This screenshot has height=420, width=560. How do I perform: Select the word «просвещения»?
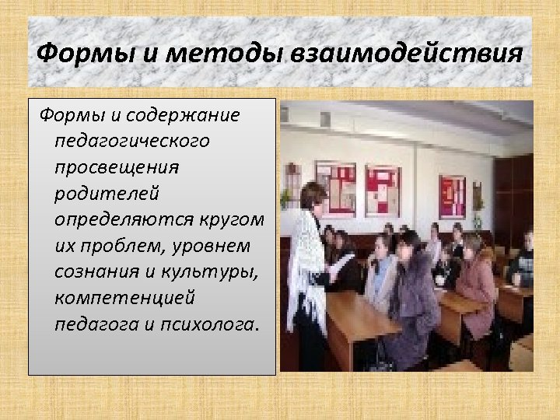pos(117,167)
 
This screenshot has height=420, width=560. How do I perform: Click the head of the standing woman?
pos(313,196)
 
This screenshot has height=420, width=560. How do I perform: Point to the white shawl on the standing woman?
pos(305,257)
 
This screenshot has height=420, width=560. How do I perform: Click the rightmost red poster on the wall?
pos(451,195)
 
